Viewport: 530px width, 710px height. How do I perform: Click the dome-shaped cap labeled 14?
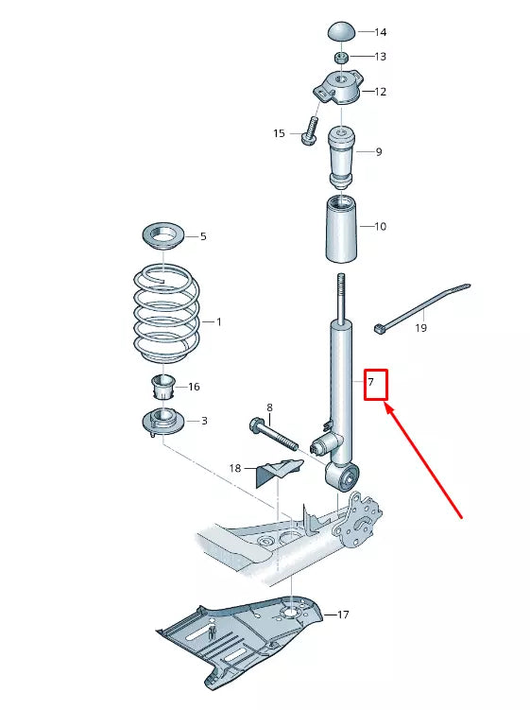[341, 30]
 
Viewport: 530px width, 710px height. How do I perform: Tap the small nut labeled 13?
[342, 57]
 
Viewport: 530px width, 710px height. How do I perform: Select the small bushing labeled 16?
[163, 388]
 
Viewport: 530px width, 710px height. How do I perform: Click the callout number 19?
[420, 328]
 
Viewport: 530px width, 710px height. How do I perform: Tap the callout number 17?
[342, 615]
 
